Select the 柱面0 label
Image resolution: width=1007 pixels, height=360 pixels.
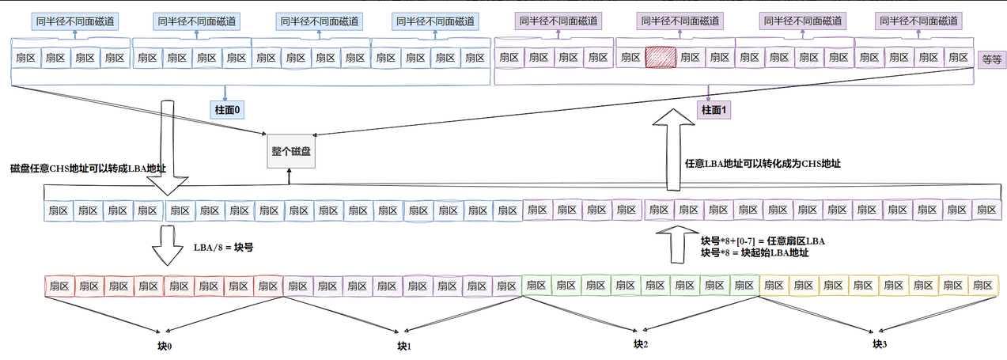tap(225, 108)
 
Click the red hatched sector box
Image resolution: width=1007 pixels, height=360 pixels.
tap(661, 57)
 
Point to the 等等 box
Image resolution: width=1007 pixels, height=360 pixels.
tap(990, 59)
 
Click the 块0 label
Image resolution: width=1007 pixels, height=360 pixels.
tap(165, 346)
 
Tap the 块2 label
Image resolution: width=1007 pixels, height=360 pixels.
tap(641, 344)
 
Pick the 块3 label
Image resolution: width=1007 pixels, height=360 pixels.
tap(880, 344)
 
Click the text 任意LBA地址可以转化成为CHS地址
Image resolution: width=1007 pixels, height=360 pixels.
tap(763, 164)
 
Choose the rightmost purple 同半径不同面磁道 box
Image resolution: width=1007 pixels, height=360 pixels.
tap(918, 21)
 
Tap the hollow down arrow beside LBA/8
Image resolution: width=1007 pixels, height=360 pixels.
tap(168, 245)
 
